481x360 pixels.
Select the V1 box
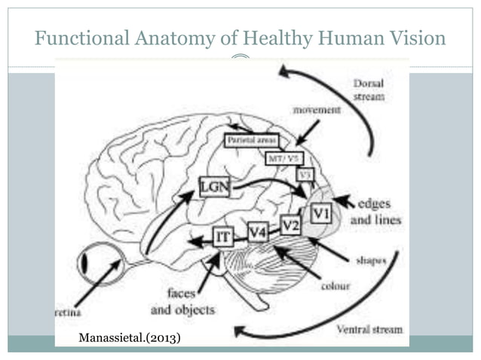click(321, 214)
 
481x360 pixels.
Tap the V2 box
click(290, 224)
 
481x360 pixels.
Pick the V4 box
click(258, 231)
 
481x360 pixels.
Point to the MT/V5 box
click(284, 158)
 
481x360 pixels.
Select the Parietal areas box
click(252, 141)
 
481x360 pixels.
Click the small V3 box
click(305, 174)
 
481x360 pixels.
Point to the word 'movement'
click(317, 110)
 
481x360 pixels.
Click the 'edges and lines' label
click(375, 212)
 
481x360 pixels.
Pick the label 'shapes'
click(371, 261)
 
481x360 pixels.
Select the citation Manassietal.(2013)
click(130, 337)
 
